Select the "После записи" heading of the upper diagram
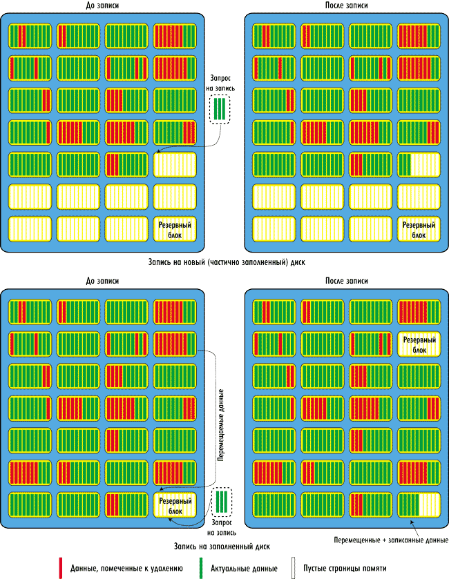click(346, 6)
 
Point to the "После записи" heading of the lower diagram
click(346, 282)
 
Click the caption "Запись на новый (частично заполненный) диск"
click(226, 263)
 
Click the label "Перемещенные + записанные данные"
click(390, 540)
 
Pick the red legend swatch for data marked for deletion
click(61, 567)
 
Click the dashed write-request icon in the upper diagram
click(220, 110)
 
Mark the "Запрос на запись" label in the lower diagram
click(222, 528)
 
